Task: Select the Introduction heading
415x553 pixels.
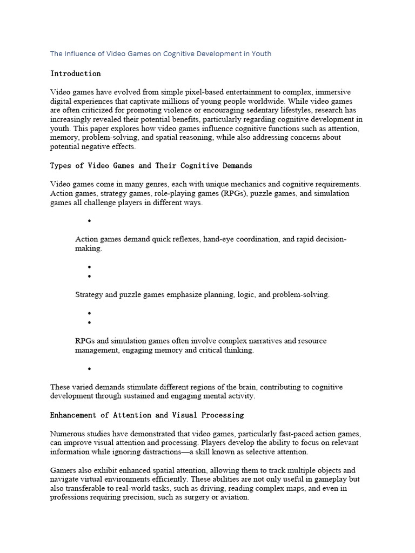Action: click(x=75, y=73)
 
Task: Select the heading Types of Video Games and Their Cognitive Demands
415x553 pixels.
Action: click(x=151, y=165)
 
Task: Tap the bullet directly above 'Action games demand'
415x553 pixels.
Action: click(x=88, y=221)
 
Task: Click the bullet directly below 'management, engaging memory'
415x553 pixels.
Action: click(x=88, y=369)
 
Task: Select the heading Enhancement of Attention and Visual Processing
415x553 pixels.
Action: click(x=147, y=415)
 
